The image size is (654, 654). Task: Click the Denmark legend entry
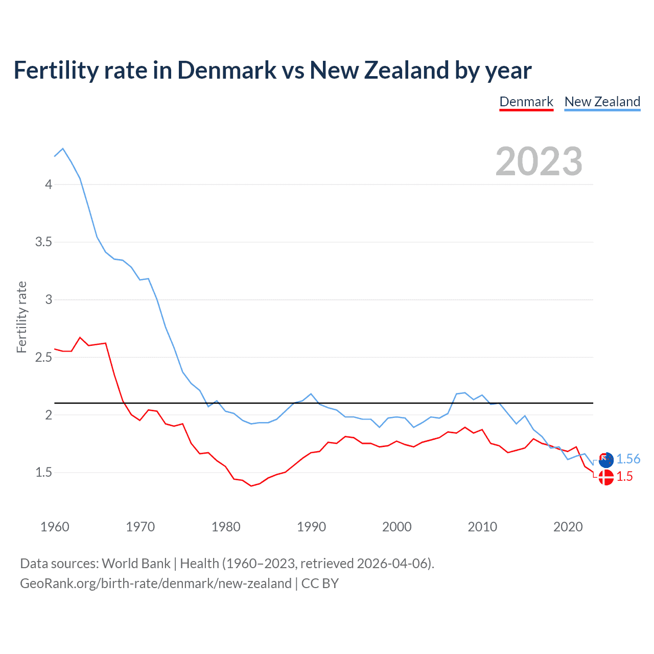(526, 102)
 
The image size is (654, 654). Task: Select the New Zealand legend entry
(602, 102)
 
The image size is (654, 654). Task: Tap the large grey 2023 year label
(539, 161)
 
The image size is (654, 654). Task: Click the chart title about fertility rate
(272, 70)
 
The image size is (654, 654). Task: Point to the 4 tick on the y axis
(49, 184)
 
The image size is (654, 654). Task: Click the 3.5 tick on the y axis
(44, 242)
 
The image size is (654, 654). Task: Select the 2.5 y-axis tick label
(44, 358)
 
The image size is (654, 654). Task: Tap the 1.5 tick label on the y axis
(44, 473)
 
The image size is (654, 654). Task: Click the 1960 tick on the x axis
(55, 527)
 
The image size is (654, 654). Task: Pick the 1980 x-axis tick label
(226, 527)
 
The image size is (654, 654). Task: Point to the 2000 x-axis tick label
(396, 527)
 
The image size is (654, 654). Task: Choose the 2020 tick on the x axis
(568, 527)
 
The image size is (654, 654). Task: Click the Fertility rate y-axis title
(21, 317)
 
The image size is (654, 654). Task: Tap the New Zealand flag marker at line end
(606, 460)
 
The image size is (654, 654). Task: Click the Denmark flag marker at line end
(606, 478)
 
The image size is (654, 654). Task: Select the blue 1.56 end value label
(628, 459)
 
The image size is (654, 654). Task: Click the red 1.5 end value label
(624, 477)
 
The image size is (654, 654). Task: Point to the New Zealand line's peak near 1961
(63, 149)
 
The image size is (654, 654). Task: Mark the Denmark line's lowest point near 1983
(251, 486)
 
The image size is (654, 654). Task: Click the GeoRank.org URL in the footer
(155, 583)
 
